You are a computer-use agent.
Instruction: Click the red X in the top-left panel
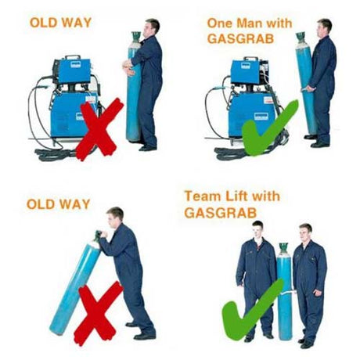pyautogui.click(x=98, y=129)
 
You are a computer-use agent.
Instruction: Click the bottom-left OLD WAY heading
pyautogui.click(x=58, y=204)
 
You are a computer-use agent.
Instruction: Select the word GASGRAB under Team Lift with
pyautogui.click(x=215, y=211)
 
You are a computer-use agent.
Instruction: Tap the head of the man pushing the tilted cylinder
pyautogui.click(x=115, y=216)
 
